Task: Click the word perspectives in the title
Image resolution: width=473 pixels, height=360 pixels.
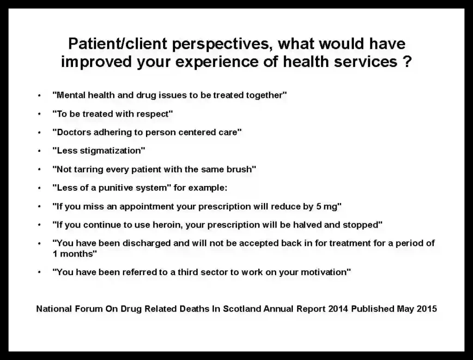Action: pyautogui.click(x=220, y=44)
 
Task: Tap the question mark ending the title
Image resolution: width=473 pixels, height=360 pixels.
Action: pyautogui.click(x=407, y=61)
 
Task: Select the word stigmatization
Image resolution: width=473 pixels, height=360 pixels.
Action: pyautogui.click(x=111, y=151)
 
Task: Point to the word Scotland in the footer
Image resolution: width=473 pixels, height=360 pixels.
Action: pyautogui.click(x=242, y=309)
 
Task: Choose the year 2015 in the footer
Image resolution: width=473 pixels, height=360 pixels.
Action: pyautogui.click(x=427, y=309)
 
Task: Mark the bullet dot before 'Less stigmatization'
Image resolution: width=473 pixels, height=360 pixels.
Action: pyautogui.click(x=39, y=151)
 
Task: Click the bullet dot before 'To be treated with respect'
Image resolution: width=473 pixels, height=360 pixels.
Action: pyautogui.click(x=39, y=114)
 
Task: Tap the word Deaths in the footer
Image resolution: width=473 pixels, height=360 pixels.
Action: pyautogui.click(x=194, y=309)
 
